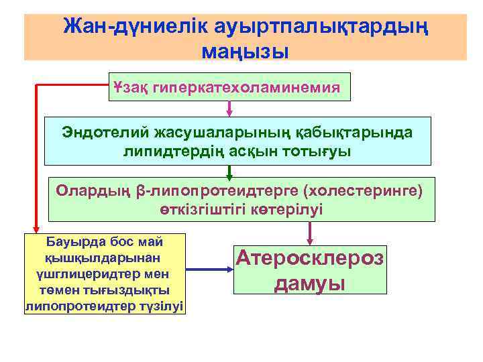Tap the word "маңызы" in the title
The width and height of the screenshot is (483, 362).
(x=244, y=51)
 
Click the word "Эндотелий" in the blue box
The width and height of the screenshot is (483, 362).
(x=101, y=132)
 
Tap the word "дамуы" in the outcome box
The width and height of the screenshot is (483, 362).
(x=309, y=283)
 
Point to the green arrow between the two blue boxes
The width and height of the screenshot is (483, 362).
(x=230, y=172)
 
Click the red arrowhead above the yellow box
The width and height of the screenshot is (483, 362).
(x=34, y=227)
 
